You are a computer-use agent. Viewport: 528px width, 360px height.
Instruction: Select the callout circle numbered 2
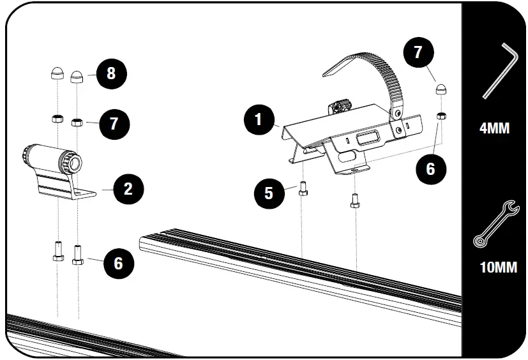[128, 188]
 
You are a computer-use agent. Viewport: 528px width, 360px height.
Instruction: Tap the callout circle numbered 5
[269, 193]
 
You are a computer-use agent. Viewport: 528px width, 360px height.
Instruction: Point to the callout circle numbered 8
[111, 73]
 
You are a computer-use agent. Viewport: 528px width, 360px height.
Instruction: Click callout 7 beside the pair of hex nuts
[114, 123]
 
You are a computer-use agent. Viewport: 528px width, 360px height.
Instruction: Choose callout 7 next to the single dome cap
[418, 53]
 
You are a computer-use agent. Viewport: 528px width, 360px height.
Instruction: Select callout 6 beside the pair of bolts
[118, 262]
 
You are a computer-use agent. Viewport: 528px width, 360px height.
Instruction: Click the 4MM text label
[494, 128]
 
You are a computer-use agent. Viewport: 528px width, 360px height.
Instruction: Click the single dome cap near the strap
[441, 89]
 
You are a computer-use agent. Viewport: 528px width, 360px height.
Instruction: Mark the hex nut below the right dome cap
[441, 116]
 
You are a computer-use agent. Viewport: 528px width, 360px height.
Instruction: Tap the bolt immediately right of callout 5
[303, 190]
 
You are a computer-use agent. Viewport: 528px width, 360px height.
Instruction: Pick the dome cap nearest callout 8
[77, 77]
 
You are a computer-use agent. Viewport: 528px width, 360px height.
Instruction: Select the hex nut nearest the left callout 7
[77, 121]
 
